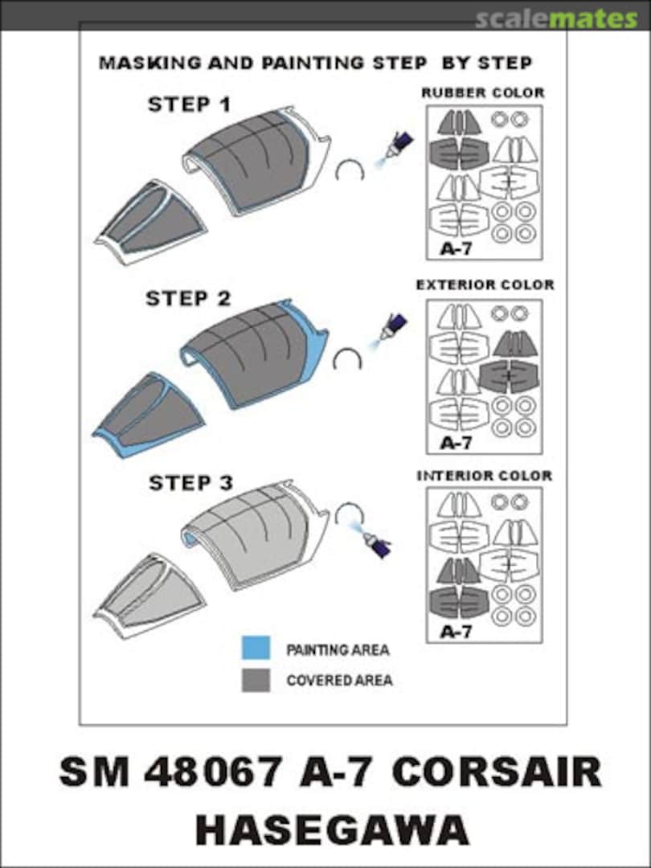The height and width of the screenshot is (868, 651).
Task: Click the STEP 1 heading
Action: (189, 104)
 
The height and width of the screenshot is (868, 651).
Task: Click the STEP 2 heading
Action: (188, 298)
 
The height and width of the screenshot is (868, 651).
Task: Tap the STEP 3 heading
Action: (191, 483)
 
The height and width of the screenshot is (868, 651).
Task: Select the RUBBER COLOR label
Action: (483, 92)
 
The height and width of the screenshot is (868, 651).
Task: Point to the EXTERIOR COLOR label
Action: (485, 285)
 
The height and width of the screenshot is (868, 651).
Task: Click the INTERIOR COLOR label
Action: (485, 476)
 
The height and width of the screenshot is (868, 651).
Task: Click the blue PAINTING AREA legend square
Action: (256, 648)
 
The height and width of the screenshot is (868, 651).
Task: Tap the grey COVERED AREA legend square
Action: (256, 681)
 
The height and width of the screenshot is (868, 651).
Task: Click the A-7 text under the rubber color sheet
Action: (456, 249)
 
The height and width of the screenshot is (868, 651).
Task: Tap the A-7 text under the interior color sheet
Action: (456, 632)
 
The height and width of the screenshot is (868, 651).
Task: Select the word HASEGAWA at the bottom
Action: (332, 829)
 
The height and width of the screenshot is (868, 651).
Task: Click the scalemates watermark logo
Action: (556, 19)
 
